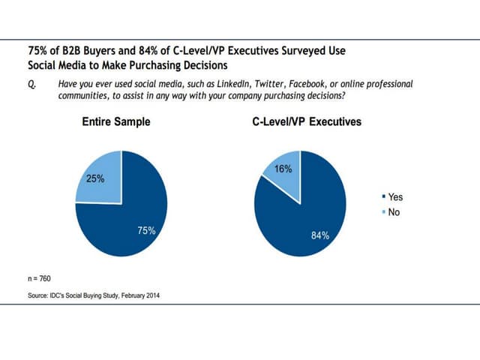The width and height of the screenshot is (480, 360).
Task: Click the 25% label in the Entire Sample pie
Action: pos(95,179)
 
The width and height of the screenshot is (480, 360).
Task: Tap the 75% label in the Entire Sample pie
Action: pos(146,230)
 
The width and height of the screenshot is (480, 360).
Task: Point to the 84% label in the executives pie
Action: pos(320,235)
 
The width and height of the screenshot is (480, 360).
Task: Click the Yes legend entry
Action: pos(392,196)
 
